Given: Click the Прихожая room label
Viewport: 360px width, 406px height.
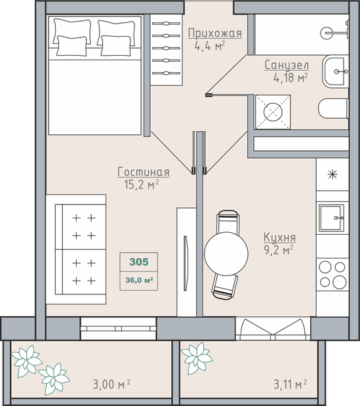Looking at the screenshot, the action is [215, 33].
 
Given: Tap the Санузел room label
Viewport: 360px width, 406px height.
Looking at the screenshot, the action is [287, 65].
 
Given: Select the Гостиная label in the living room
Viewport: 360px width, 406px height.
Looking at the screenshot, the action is [144, 172].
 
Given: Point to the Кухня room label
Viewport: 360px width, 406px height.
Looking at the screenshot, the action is [279, 237].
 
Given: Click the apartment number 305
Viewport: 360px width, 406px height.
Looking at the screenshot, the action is [139, 262].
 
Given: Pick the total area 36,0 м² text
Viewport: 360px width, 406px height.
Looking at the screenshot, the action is [139, 280].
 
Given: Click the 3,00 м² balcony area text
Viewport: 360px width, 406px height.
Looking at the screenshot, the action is [111, 384].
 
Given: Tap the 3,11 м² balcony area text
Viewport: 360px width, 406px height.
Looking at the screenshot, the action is [290, 384].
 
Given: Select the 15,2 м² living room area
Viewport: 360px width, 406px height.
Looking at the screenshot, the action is [141, 184].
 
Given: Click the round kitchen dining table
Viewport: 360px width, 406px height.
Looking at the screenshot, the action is [226, 253].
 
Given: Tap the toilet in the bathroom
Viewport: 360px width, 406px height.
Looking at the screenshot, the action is [333, 109].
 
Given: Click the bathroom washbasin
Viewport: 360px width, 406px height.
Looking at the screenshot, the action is [336, 71].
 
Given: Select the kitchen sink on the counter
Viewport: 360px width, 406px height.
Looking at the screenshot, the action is [332, 218].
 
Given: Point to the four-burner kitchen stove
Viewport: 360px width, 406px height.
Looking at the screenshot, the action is [332, 274].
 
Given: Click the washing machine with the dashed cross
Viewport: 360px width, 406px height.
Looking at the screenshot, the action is [273, 112].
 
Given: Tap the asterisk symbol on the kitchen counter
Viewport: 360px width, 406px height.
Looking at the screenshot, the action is [332, 174].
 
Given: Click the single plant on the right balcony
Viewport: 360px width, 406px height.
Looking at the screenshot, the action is [197, 358].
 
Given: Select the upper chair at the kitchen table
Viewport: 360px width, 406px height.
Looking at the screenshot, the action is [228, 221].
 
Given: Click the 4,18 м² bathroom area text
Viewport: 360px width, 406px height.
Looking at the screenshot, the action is [290, 77].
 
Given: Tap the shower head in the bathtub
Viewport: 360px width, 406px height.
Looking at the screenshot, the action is [327, 33].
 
